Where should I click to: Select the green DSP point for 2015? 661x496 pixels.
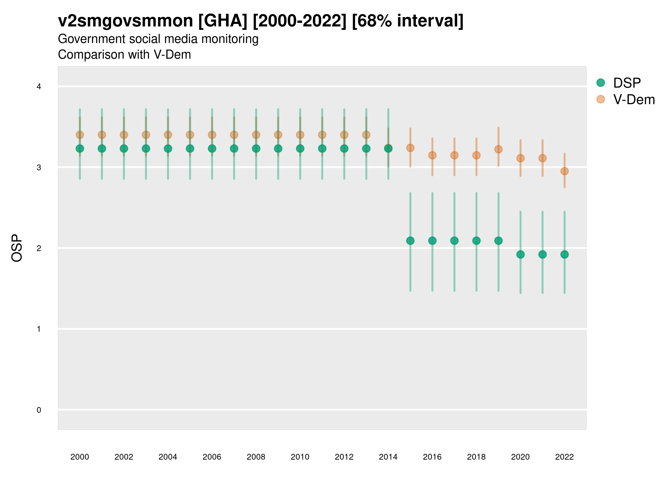pos(410,241)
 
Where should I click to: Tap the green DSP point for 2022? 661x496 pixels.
pos(565,254)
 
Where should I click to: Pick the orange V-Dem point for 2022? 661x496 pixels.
pos(565,171)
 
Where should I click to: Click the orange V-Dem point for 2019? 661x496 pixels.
pos(499,149)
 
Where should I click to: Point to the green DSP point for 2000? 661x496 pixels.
pos(80,149)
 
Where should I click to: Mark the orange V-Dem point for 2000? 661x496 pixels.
pos(80,135)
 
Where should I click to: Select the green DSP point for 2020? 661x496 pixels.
pos(521,254)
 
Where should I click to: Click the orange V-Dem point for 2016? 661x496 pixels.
pos(432,155)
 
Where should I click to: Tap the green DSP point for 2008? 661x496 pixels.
pos(256,149)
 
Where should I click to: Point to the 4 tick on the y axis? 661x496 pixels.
pos(39,87)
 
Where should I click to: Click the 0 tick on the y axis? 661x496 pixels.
pos(39,410)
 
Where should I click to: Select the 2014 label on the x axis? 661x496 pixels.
pos(388,457)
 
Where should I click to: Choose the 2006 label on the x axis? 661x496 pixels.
pos(212,457)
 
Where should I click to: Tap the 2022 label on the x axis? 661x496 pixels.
pos(565,457)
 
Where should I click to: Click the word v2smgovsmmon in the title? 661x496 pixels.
pos(126,21)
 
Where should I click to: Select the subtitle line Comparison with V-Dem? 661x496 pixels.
pos(124,55)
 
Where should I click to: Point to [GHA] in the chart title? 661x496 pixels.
pos(223,21)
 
